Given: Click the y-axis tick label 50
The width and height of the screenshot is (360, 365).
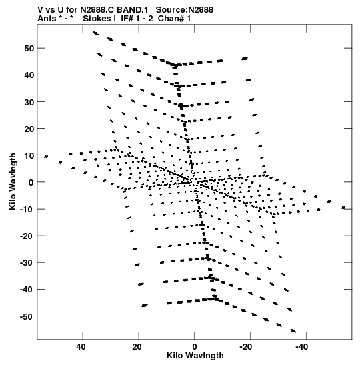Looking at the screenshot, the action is click(29, 49).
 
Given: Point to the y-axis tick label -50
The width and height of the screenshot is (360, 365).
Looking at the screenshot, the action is click(27, 316).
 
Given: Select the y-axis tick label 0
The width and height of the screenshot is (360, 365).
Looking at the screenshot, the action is click(31, 182).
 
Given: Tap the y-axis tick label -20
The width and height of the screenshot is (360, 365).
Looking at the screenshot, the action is click(27, 236).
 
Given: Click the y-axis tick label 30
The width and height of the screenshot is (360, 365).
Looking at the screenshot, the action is click(29, 102).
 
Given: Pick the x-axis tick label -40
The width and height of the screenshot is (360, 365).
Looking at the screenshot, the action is click(302, 347).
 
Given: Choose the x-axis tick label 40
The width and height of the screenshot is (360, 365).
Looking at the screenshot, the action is click(81, 347).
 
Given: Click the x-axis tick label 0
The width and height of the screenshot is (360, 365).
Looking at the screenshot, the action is click(195, 347).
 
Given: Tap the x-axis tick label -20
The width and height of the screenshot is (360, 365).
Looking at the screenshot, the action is click(246, 347).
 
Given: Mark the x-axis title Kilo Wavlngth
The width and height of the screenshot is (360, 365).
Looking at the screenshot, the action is click(195, 356).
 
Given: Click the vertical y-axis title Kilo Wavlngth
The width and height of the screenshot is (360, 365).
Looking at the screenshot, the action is click(13, 181).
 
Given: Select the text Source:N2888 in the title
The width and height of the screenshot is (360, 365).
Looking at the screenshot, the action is click(185, 10).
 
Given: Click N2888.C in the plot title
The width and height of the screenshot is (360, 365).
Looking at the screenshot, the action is click(97, 10).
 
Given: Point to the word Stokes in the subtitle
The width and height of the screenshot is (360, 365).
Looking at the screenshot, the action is click(97, 19).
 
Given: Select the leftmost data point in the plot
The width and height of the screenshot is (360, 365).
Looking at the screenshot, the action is click(46, 156).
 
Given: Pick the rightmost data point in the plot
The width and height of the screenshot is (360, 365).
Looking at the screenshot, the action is click(343, 207).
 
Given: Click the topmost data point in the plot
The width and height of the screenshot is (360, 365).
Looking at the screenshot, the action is click(96, 33).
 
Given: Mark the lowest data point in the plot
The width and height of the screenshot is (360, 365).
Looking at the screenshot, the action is click(293, 331).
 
